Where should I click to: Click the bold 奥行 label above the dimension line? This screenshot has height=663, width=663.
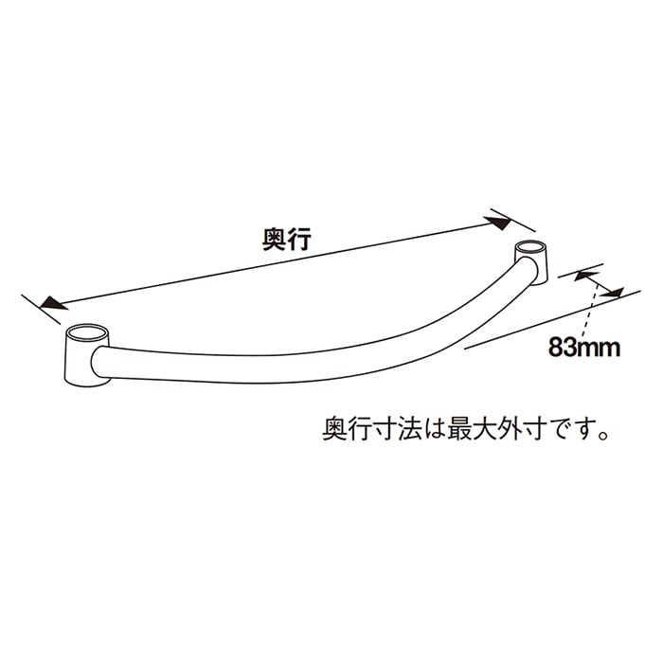point(288,241)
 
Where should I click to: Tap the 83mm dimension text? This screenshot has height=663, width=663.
point(582,348)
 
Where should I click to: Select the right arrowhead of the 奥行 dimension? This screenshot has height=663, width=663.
point(498,224)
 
